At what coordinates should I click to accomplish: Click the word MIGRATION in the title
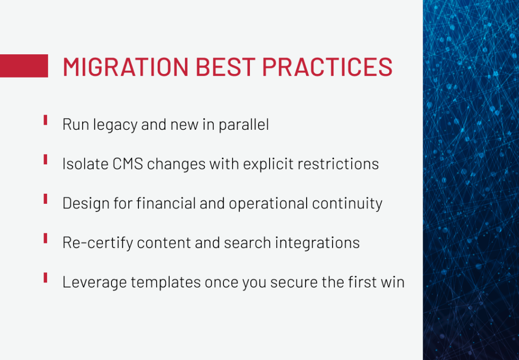tap(126, 66)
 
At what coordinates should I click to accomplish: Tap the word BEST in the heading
tap(226, 66)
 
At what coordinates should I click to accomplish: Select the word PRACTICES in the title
tap(327, 66)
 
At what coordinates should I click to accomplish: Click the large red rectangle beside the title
tap(24, 66)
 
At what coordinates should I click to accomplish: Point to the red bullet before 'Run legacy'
tap(45, 120)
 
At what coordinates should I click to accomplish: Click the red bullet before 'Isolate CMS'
tap(45, 159)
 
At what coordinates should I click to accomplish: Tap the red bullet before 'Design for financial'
tap(45, 199)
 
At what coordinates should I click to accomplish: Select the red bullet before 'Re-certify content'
tap(45, 238)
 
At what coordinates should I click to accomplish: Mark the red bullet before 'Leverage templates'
tap(45, 277)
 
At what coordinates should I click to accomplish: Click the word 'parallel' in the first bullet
tap(244, 125)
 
